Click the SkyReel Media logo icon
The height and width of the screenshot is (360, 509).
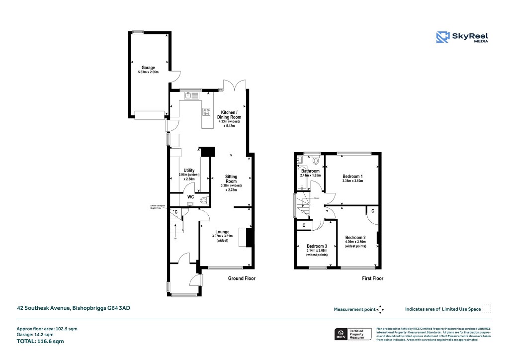(x=443, y=38)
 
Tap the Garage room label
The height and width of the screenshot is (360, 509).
(x=148, y=68)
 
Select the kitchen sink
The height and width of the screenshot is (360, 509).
(x=191, y=95)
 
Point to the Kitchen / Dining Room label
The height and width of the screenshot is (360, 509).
(x=229, y=114)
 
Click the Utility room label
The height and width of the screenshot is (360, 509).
(x=189, y=171)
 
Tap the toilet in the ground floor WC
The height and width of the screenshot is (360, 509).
(x=203, y=201)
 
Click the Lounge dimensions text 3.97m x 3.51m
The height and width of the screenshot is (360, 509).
(x=222, y=236)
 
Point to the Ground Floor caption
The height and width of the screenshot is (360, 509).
(x=242, y=278)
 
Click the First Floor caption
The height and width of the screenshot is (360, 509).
(x=372, y=279)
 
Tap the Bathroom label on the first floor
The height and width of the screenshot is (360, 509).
(x=310, y=171)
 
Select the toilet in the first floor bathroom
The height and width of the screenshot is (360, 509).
(x=316, y=160)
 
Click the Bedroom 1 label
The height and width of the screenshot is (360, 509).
(x=352, y=177)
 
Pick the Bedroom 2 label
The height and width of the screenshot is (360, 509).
(x=355, y=238)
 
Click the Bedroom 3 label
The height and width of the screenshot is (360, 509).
(x=317, y=247)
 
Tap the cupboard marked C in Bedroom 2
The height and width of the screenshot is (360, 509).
(x=372, y=211)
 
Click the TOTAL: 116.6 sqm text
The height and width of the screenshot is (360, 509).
(x=40, y=342)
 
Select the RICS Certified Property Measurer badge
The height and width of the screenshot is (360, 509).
(x=352, y=334)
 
